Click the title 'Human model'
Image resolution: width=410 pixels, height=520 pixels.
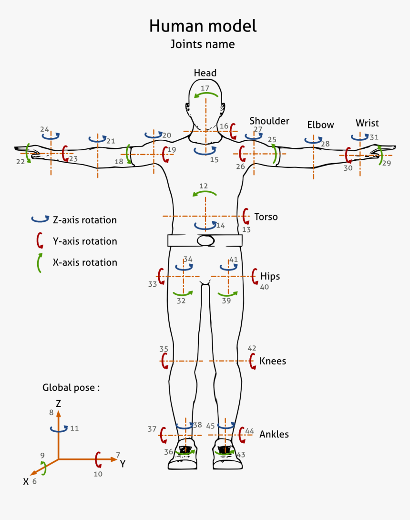click(203, 26)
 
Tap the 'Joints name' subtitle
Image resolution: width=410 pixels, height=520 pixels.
click(203, 44)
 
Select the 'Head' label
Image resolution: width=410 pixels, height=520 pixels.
click(205, 73)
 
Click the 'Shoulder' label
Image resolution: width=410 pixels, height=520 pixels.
click(269, 121)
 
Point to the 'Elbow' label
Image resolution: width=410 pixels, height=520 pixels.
click(320, 125)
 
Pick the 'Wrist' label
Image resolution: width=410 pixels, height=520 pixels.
click(367, 123)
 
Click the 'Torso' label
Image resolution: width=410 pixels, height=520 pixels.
click(266, 217)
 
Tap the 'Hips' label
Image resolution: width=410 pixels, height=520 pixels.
click(270, 276)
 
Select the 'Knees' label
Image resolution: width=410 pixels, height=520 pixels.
click(273, 361)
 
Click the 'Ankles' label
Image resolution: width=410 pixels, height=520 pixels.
click(274, 435)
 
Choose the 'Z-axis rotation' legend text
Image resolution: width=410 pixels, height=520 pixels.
click(84, 220)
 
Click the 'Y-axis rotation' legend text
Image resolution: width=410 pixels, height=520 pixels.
click(84, 241)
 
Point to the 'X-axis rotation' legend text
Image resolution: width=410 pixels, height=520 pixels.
click(84, 262)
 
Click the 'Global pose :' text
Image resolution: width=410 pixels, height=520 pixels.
click(71, 387)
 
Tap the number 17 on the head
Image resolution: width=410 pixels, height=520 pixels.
click(205, 88)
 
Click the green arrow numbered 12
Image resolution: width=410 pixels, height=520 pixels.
click(205, 193)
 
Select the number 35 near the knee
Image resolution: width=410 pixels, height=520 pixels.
click(164, 349)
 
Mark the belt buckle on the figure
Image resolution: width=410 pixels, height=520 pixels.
click(205, 240)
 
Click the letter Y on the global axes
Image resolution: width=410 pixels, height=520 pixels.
click(123, 464)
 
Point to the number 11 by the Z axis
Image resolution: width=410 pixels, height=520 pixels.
click(74, 428)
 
